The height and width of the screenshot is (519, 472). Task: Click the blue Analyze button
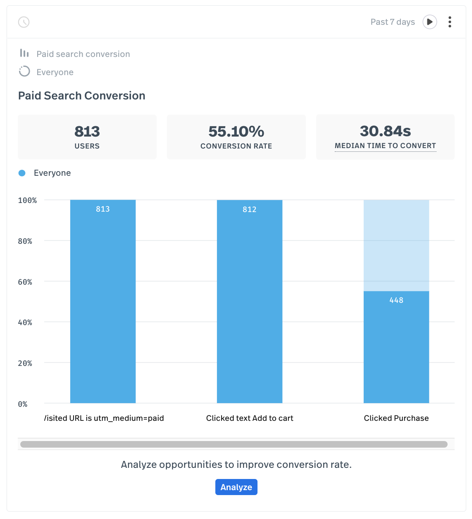click(x=236, y=487)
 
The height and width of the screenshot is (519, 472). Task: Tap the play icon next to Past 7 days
click(x=429, y=22)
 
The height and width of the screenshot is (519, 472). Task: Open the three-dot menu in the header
click(x=450, y=22)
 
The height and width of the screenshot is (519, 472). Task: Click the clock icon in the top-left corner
click(x=24, y=22)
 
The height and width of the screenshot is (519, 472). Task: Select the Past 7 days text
click(x=392, y=22)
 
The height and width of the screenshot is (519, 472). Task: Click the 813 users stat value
click(x=87, y=132)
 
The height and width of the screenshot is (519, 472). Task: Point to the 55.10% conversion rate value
click(x=236, y=132)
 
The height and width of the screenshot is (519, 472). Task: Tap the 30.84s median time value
click(x=385, y=131)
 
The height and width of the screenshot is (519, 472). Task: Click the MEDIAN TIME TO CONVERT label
click(x=385, y=146)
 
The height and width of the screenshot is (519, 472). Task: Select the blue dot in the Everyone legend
click(x=22, y=173)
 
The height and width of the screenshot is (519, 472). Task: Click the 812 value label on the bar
click(x=250, y=210)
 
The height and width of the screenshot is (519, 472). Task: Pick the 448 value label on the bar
click(x=396, y=300)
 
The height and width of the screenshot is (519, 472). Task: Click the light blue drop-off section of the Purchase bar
click(x=396, y=245)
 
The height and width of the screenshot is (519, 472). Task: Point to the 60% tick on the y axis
click(x=25, y=282)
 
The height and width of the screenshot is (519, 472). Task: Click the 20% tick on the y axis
click(x=25, y=363)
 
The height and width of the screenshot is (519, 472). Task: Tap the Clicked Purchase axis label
click(x=396, y=418)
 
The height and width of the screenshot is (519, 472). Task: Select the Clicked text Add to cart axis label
click(x=250, y=418)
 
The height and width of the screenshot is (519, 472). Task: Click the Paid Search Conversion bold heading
click(x=82, y=96)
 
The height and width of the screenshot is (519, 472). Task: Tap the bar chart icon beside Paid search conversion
click(x=24, y=54)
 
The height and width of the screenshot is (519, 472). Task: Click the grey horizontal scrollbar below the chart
click(x=234, y=444)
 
